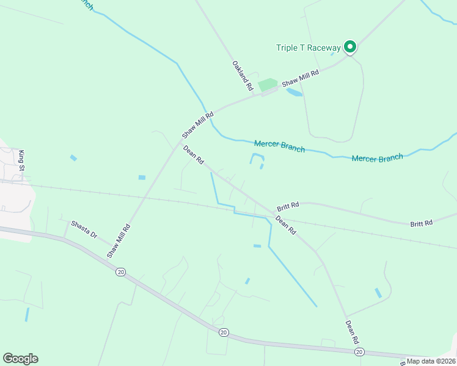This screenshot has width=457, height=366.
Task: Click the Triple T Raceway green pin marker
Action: pos(349,46)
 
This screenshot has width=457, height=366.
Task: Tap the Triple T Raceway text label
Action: pos(309,48)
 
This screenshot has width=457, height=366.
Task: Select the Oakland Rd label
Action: pos(243,76)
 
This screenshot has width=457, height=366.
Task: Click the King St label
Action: pos(23,160)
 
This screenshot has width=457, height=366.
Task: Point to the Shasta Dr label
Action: pos(84,230)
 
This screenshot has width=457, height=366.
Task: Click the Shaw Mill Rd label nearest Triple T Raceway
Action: pos(301,78)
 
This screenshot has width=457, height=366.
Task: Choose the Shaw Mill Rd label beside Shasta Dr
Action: pos(119,240)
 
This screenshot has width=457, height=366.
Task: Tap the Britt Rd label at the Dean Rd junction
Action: pos(287,206)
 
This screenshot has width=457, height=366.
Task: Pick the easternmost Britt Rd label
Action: pos(422,224)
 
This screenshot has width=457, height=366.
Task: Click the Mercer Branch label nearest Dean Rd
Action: pos(279,145)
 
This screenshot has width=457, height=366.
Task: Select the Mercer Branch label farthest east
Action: pos(378,158)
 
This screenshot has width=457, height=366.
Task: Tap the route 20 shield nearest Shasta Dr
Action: pos(120,271)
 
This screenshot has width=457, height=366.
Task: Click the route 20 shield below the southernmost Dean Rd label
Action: pos(359,352)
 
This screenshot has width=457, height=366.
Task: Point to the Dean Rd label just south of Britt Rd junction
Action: pos(285,226)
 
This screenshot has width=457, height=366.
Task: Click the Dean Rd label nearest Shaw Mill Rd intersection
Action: pos(194,155)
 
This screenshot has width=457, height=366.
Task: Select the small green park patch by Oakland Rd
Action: pos(268,85)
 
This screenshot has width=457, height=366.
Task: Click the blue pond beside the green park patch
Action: pos(294,93)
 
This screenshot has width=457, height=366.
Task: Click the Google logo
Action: pos(20,359)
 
